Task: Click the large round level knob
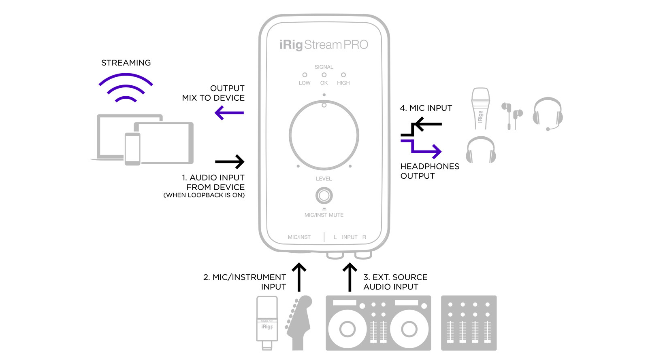coord(324,135)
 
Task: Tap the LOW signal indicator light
coord(305,75)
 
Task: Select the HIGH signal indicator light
coord(343,75)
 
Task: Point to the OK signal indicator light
coord(324,75)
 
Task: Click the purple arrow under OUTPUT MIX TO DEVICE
coord(229,112)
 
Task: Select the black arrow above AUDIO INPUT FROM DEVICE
coord(230,162)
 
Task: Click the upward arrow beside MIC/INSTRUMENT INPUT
coord(299,277)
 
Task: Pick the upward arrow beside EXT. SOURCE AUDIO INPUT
coord(350,277)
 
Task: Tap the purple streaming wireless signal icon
coord(126,87)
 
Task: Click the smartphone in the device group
coord(132,149)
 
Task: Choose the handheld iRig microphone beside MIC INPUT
coord(480,108)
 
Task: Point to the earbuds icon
coord(512,114)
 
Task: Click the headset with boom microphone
coord(548,113)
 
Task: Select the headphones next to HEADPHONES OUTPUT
coord(481,150)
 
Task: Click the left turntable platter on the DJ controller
coord(347,328)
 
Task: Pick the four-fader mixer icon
coord(469,323)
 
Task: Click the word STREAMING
coord(126,63)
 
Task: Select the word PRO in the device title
coord(356,44)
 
